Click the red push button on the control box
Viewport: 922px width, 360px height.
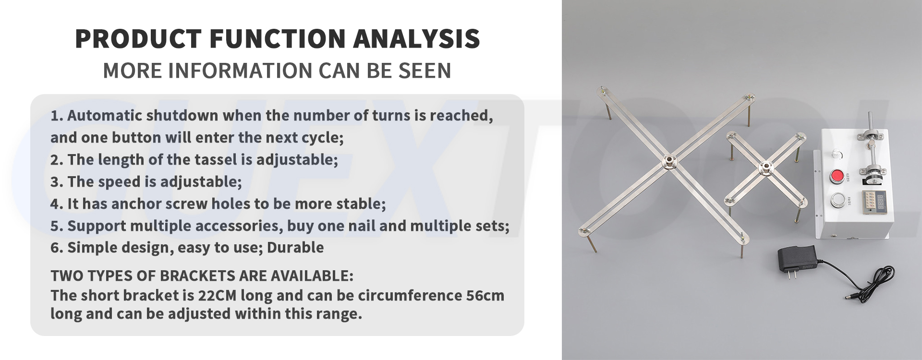(837, 176)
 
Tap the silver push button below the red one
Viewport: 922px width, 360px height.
(838, 200)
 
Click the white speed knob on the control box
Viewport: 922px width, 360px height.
(837, 155)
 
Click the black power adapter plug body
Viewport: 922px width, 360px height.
(797, 260)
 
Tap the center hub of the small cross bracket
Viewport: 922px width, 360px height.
(764, 168)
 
